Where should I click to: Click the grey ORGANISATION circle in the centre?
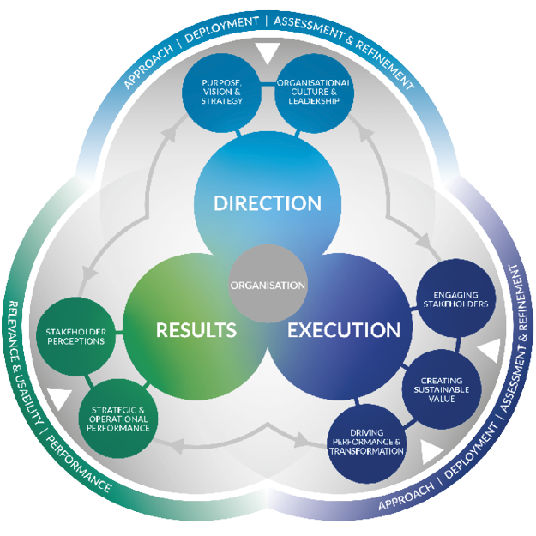(x=268, y=283)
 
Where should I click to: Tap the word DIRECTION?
(x=268, y=203)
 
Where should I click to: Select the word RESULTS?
(x=196, y=330)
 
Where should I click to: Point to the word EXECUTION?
(x=344, y=330)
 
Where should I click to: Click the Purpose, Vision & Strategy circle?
(x=221, y=93)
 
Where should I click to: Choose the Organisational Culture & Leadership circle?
(x=314, y=93)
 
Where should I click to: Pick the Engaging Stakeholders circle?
(x=455, y=299)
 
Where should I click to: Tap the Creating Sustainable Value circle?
(x=442, y=389)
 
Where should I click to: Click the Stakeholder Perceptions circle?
(x=75, y=336)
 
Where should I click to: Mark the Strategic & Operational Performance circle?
(x=118, y=419)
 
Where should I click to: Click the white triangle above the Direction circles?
(x=268, y=52)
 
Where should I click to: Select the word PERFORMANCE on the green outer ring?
(x=79, y=464)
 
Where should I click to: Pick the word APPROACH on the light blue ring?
(x=148, y=66)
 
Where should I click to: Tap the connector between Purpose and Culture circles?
(x=268, y=84)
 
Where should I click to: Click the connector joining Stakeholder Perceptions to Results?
(x=119, y=332)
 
